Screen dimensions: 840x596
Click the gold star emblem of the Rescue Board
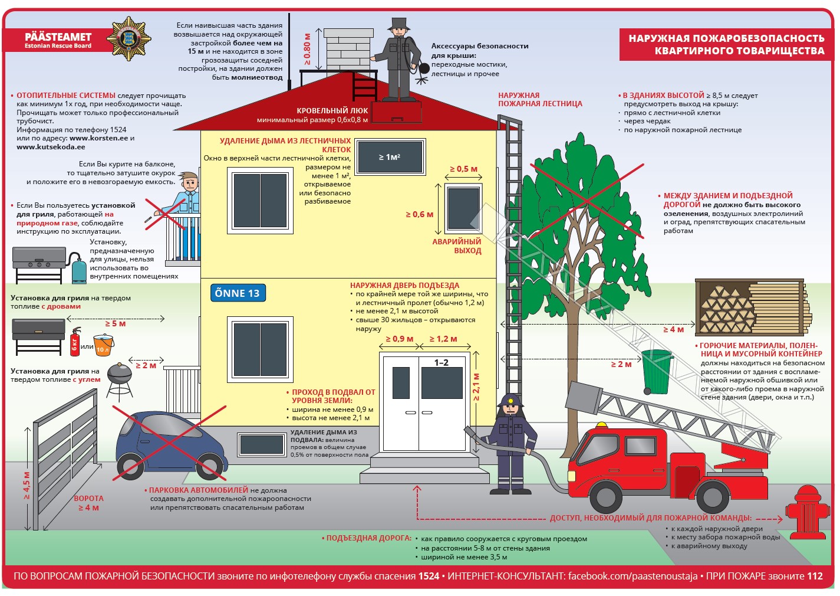click(x=129, y=39)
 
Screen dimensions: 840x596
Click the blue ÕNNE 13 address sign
click(x=238, y=293)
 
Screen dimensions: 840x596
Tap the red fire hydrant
click(x=807, y=512)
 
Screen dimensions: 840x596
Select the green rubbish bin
click(x=657, y=372)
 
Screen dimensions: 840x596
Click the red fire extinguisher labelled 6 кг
click(x=75, y=342)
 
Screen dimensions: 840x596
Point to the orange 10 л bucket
click(x=104, y=345)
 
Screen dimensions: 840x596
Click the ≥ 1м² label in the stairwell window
click(x=389, y=157)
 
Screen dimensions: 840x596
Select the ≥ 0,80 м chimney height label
click(x=307, y=49)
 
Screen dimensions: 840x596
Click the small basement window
click(x=261, y=445)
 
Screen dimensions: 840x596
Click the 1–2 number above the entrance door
click(x=442, y=362)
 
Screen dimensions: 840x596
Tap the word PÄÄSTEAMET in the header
click(x=58, y=37)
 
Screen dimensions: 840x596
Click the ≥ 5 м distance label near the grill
click(x=115, y=323)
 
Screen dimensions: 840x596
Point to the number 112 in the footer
click(x=815, y=576)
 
